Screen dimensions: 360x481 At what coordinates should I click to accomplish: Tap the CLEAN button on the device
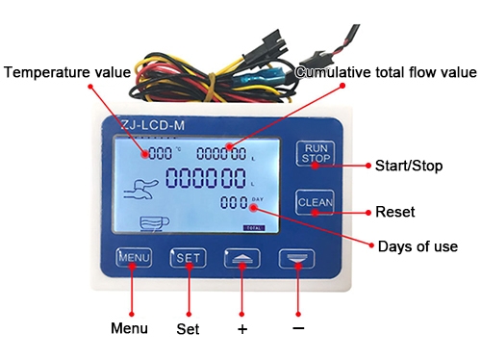click(x=315, y=202)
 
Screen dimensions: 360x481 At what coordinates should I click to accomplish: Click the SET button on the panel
click(x=188, y=258)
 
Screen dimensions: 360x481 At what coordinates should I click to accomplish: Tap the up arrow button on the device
click(x=242, y=258)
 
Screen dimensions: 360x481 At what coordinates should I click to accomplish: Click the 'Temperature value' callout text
click(x=66, y=72)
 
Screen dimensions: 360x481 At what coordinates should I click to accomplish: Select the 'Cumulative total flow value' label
click(x=386, y=72)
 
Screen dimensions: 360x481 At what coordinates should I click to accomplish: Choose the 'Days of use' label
click(x=418, y=246)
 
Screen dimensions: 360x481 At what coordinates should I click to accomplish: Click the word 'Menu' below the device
click(x=129, y=328)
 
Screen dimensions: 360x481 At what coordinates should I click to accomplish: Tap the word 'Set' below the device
click(x=188, y=329)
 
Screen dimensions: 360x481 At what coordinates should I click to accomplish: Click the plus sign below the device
click(x=242, y=329)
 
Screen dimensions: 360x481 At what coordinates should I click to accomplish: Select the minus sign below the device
click(x=298, y=328)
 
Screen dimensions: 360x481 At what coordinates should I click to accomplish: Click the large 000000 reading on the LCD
click(x=206, y=178)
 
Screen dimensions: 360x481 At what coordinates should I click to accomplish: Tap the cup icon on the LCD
click(x=153, y=223)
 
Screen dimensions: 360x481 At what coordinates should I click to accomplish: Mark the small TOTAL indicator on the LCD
click(x=253, y=227)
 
